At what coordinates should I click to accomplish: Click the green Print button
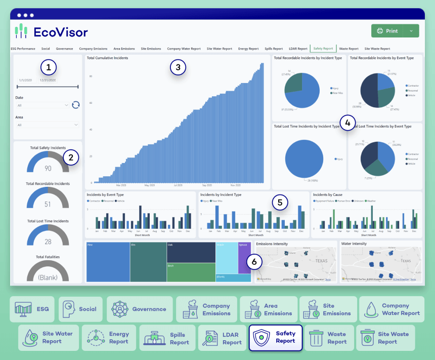click(387, 31)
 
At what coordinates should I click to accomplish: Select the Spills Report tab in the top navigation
click(274, 49)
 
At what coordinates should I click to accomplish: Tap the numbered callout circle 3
click(178, 66)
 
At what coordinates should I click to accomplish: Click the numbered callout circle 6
click(254, 262)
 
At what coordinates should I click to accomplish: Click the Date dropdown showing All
click(43, 105)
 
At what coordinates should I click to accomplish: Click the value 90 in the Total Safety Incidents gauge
click(48, 169)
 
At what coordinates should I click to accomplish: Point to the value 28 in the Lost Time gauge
click(48, 242)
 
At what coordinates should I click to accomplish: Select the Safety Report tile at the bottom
click(275, 338)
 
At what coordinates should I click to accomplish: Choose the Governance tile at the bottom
click(140, 309)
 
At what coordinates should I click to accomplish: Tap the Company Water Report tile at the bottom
click(391, 309)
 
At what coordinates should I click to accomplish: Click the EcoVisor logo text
click(60, 32)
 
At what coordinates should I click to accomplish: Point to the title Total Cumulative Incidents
click(107, 58)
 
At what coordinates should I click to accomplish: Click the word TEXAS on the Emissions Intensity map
click(321, 261)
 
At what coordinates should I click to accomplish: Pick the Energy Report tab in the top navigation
click(248, 49)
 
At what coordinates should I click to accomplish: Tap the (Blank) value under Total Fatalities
click(48, 277)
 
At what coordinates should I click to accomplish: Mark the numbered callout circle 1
click(48, 66)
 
